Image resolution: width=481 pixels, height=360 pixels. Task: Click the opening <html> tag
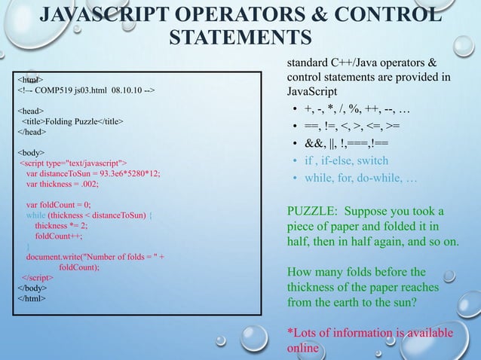(29, 78)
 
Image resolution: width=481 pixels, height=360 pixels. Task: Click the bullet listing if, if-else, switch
(346, 160)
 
